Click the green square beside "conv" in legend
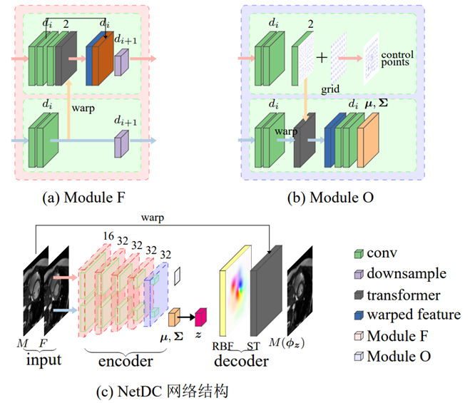pos(360,253)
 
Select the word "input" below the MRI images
pos(44,360)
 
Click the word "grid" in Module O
pos(330,91)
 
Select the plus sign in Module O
pos(322,57)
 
